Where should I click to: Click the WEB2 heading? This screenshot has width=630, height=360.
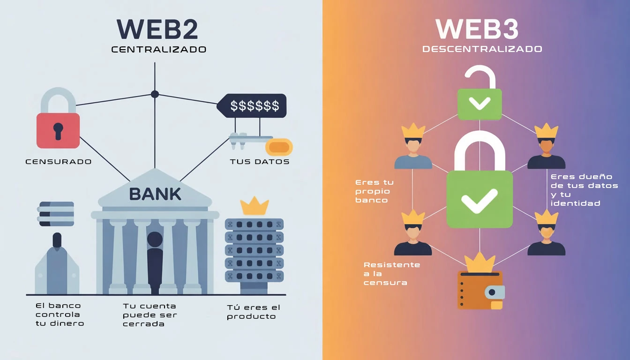tap(157, 29)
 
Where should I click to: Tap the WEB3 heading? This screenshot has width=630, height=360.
tap(477, 29)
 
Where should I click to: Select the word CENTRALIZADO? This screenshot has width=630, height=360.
tap(158, 49)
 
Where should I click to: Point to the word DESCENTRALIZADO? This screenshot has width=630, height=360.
tap(482, 49)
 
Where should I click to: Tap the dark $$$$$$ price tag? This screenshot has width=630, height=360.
tap(253, 105)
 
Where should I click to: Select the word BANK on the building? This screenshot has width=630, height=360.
tap(155, 194)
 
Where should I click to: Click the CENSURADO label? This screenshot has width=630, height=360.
tap(58, 162)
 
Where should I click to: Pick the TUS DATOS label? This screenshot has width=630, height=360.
tap(259, 162)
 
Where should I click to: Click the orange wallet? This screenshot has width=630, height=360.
tap(480, 290)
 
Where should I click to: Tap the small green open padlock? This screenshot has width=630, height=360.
tap(480, 103)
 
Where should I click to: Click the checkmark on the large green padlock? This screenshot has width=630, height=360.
tap(479, 200)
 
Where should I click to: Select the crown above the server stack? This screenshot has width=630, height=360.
tap(254, 206)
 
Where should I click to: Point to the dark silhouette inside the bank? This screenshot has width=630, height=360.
tap(155, 260)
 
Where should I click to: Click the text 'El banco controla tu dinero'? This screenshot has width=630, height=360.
tap(60, 315)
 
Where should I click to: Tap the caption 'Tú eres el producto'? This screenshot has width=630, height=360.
tap(253, 312)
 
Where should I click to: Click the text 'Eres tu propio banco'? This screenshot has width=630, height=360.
tap(375, 191)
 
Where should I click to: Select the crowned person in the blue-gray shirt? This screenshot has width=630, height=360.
tap(413, 148)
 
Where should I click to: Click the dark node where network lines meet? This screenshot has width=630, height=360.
tap(155, 94)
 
